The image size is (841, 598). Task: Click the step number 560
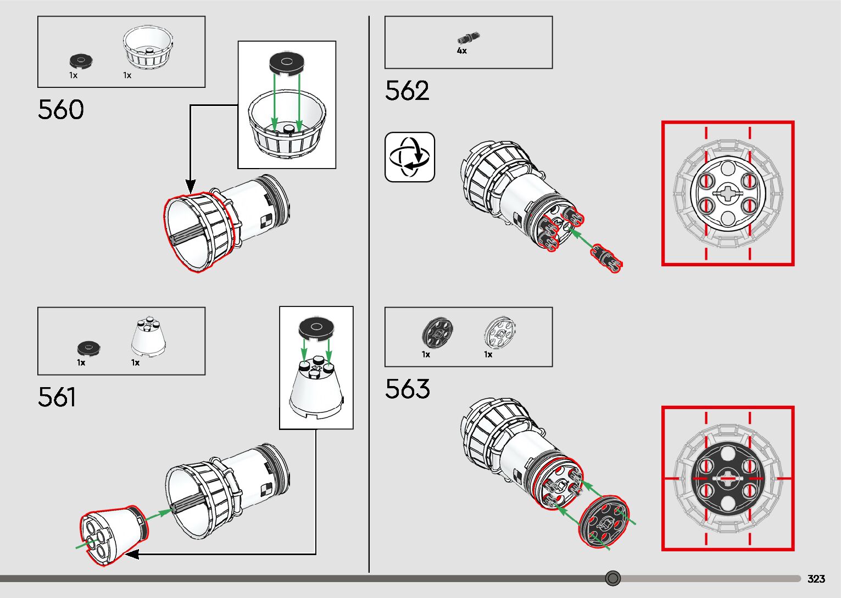[61, 110]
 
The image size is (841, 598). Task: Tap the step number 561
[57, 397]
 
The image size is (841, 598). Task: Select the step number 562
[407, 91]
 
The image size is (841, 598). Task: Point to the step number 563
[407, 389]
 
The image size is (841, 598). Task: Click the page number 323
[816, 579]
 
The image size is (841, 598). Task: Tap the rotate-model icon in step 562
[410, 157]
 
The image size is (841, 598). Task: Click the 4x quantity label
[462, 51]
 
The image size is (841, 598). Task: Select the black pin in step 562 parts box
[468, 38]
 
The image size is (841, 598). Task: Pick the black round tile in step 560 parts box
[81, 60]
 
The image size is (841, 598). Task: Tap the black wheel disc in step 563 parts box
[437, 332]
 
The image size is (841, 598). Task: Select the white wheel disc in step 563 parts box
[500, 332]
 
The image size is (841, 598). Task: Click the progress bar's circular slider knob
[613, 578]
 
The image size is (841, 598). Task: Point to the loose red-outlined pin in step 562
[606, 259]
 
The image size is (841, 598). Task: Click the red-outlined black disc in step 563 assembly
[603, 523]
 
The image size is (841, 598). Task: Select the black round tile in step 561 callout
[316, 328]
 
